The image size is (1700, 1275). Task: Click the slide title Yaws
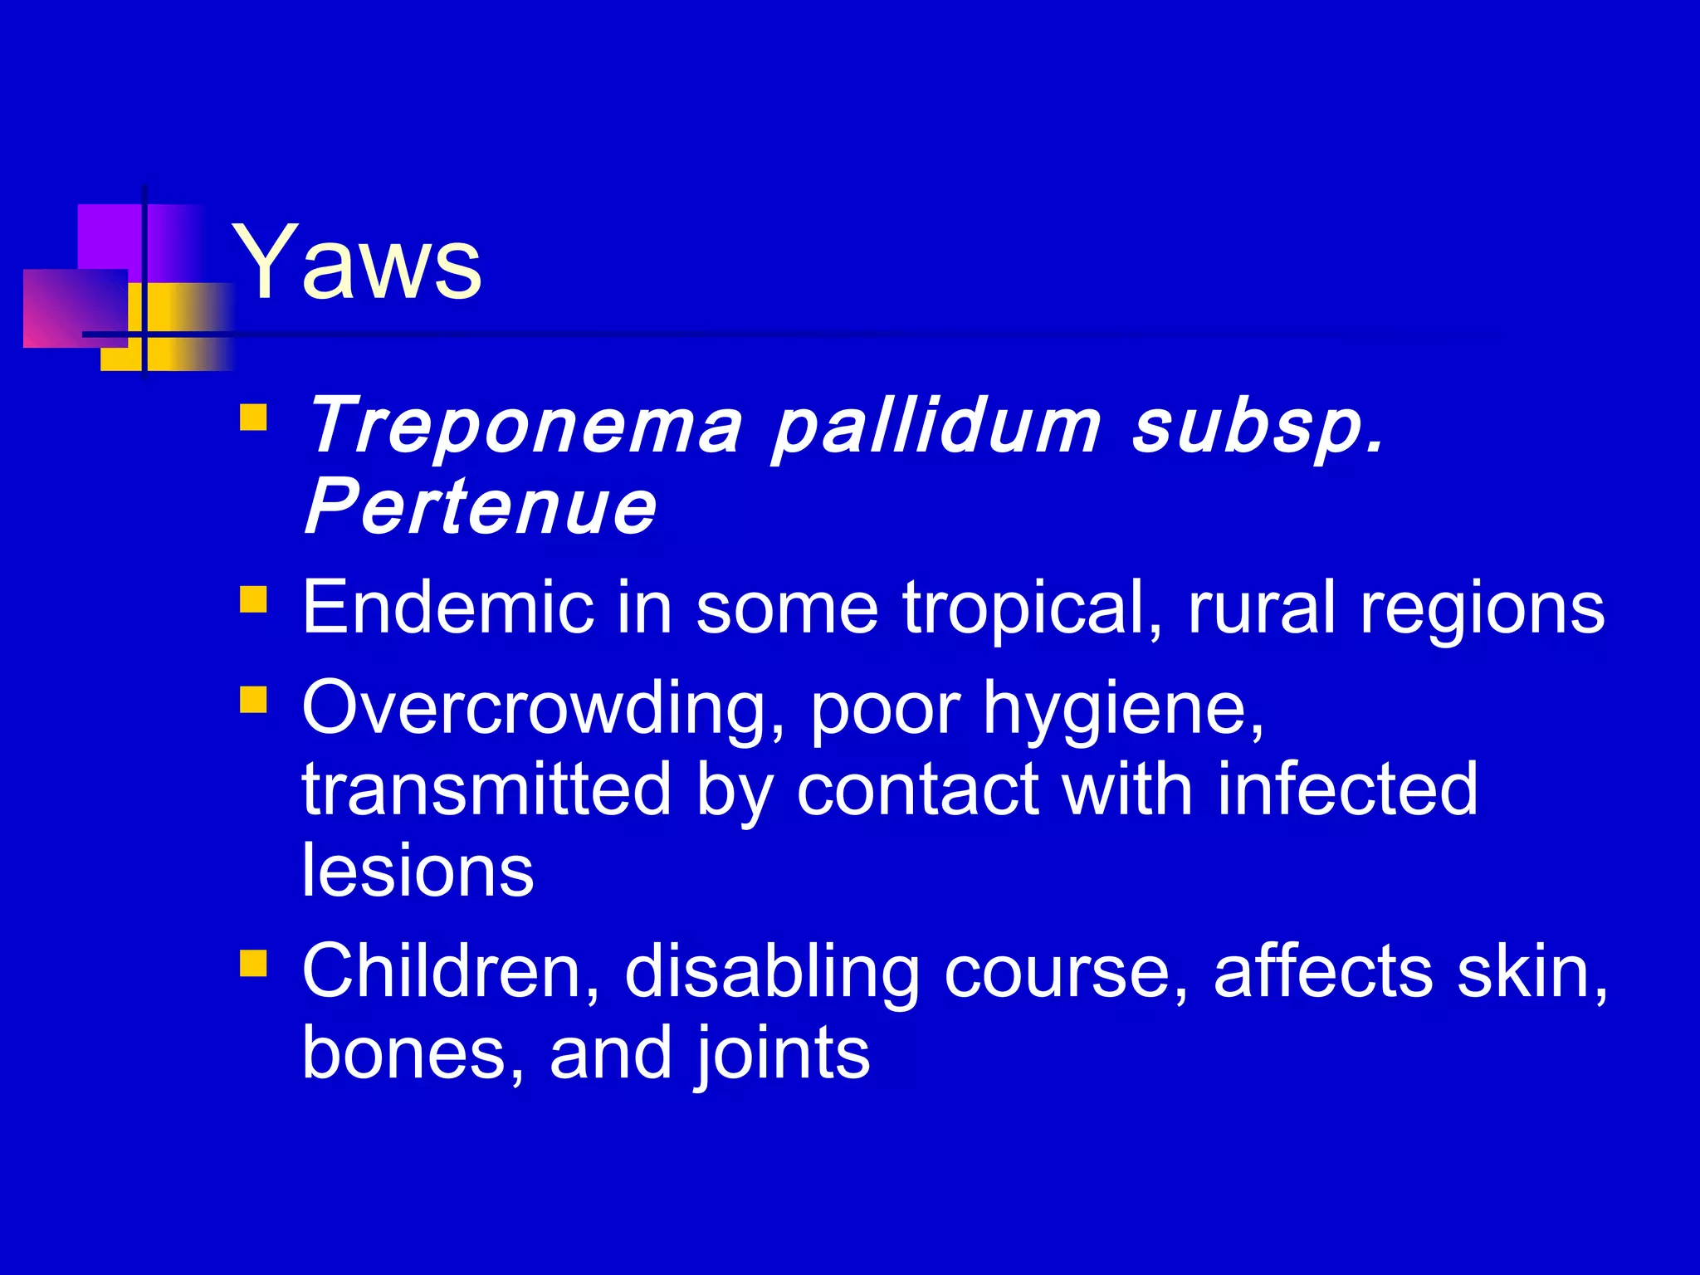point(357,263)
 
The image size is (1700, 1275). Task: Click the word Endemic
point(447,608)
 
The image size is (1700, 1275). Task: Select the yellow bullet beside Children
point(253,963)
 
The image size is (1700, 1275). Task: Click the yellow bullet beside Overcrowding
point(253,699)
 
